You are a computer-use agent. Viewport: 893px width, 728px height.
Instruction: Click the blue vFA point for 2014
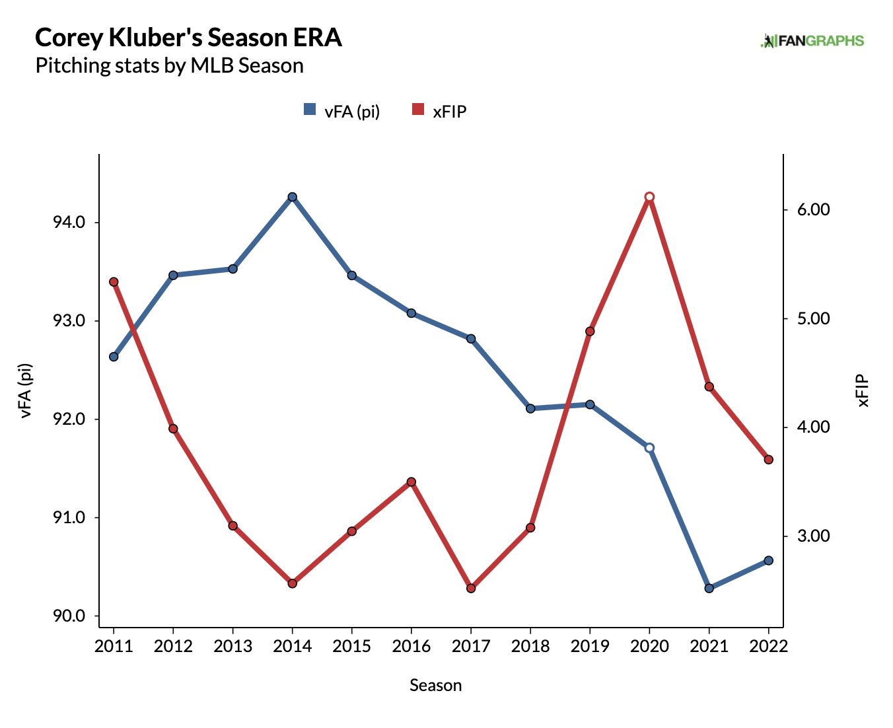click(292, 197)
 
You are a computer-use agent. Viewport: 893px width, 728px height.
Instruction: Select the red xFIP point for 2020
click(649, 197)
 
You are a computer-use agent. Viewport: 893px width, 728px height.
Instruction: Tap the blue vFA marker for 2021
click(709, 588)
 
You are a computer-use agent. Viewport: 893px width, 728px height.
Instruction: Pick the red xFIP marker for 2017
click(471, 588)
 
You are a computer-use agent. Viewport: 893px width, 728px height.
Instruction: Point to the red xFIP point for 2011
click(114, 282)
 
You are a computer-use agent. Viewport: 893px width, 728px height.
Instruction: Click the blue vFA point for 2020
click(649, 448)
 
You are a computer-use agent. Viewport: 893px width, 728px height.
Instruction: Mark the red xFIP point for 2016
click(411, 482)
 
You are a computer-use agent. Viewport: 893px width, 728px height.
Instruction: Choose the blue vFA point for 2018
click(530, 408)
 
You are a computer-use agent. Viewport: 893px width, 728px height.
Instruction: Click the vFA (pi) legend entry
click(342, 111)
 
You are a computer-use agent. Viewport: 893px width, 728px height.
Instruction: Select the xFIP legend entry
click(440, 111)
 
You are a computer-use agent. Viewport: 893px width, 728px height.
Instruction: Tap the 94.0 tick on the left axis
click(69, 223)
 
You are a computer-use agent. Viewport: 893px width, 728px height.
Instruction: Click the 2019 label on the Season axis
click(590, 646)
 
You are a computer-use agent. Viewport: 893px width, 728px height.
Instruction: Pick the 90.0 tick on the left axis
click(69, 616)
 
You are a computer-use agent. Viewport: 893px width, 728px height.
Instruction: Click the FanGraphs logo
click(812, 41)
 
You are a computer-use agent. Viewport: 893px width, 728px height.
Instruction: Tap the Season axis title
click(435, 685)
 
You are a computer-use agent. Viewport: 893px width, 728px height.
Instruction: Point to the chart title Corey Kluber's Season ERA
click(188, 38)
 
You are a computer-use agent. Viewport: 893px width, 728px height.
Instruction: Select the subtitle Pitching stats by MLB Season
click(169, 66)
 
